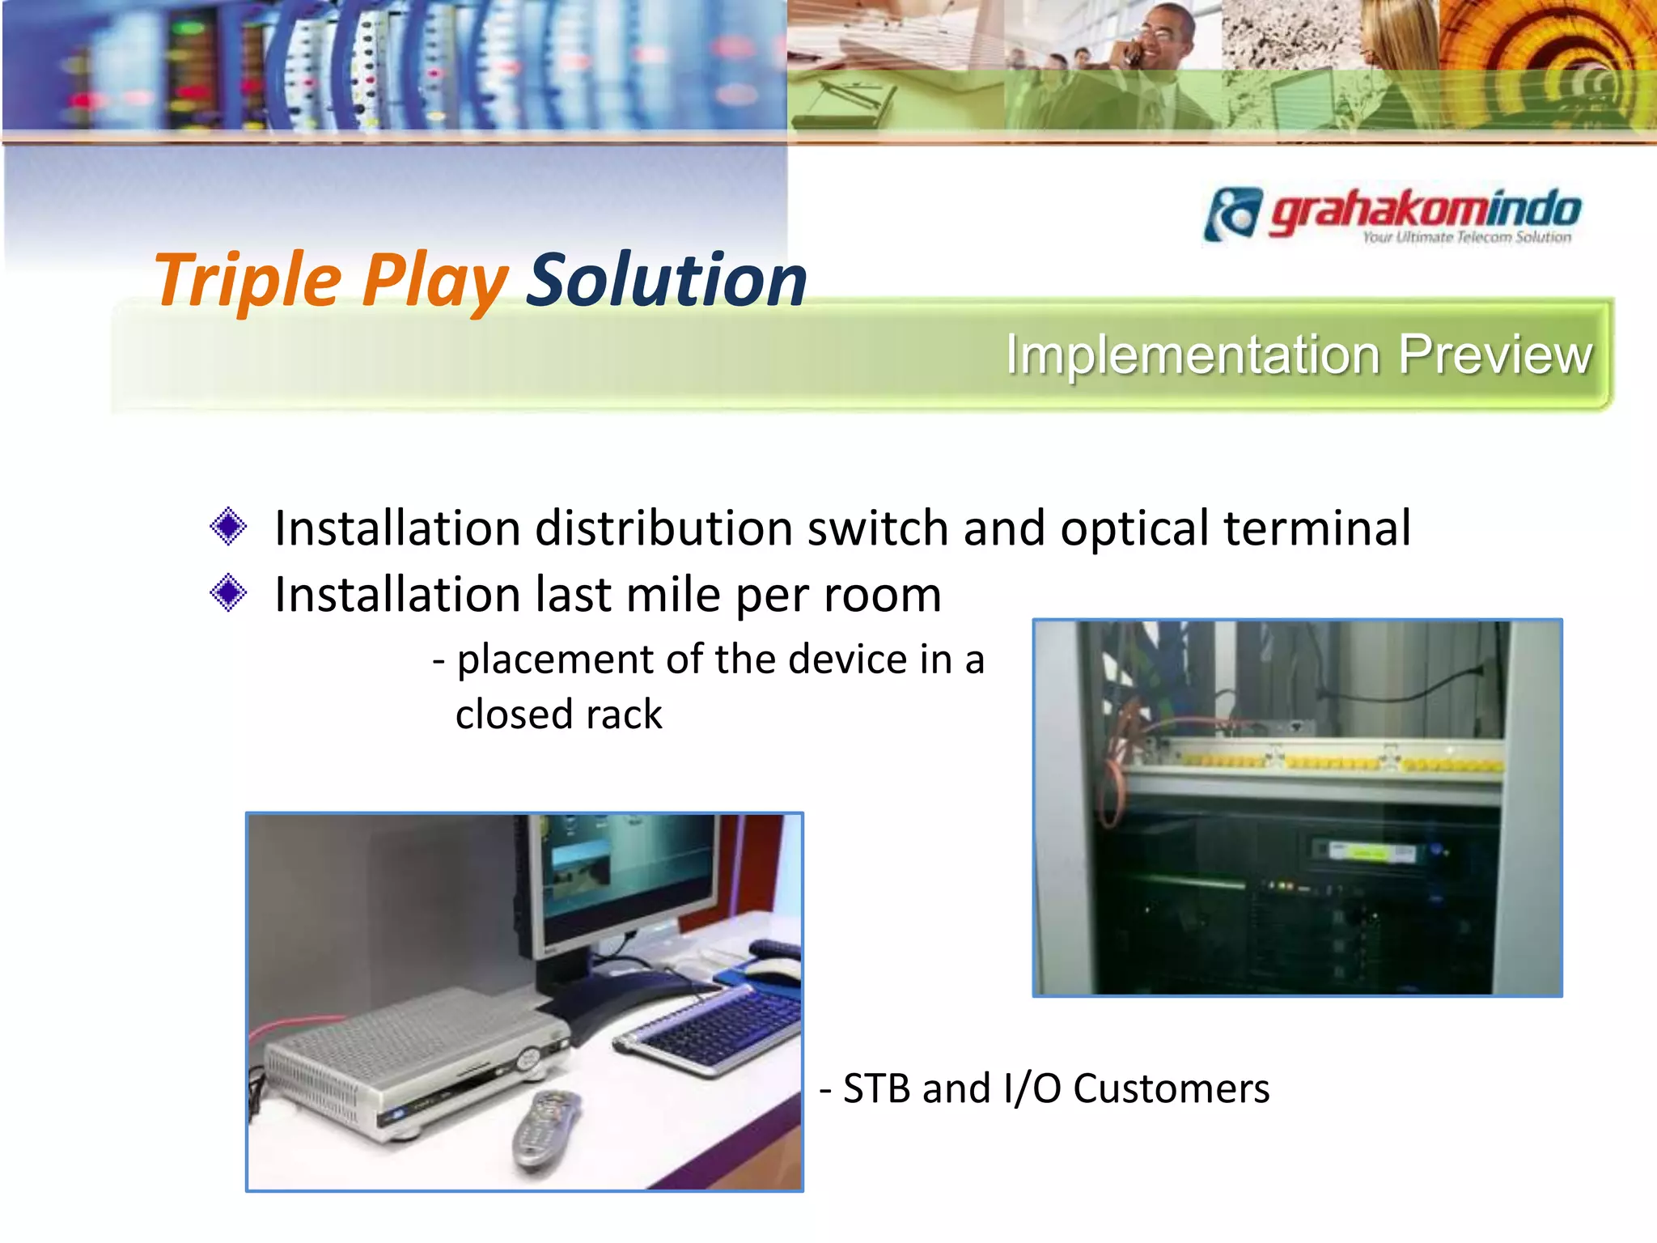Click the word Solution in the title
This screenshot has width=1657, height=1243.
[667, 281]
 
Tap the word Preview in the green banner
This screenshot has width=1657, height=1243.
[1495, 355]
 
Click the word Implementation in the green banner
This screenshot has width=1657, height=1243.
[1193, 355]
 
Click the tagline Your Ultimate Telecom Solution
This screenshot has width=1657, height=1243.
[1466, 237]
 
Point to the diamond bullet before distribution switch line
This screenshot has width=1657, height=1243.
[228, 527]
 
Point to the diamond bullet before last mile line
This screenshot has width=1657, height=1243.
[228, 593]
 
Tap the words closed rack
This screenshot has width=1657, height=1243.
[558, 715]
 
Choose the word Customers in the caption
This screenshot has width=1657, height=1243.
[1171, 1088]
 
